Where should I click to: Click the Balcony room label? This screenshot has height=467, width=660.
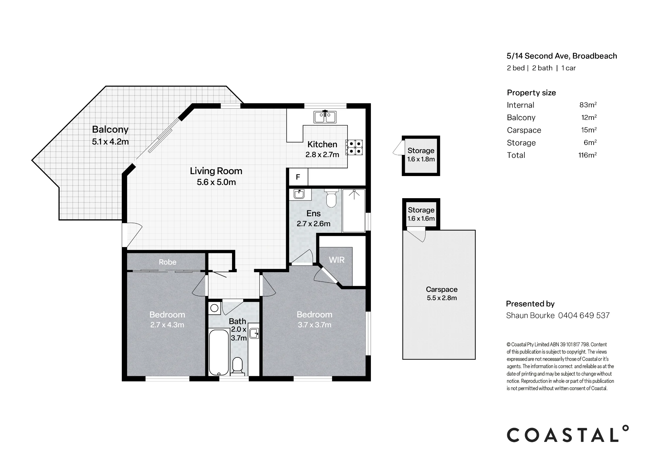(110, 129)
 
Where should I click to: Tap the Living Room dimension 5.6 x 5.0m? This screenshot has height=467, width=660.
(216, 182)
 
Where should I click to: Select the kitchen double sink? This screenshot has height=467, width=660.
(325, 117)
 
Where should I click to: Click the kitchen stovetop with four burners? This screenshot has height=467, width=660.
(354, 147)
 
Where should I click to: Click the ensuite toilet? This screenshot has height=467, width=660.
(331, 198)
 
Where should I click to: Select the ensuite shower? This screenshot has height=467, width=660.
(354, 210)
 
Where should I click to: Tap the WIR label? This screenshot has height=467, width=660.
(337, 260)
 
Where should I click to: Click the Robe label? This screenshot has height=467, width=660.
(168, 262)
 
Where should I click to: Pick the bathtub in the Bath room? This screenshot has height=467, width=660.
(219, 352)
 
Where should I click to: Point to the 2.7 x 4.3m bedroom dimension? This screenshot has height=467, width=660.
(167, 325)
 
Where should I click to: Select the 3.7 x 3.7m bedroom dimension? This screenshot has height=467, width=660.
(314, 325)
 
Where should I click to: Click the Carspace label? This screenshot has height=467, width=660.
(442, 289)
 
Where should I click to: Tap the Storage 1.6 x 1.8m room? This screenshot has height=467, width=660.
(421, 156)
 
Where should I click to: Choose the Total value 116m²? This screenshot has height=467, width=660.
(588, 155)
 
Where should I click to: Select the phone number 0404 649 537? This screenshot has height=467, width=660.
(584, 315)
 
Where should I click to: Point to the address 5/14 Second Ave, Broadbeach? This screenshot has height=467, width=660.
(562, 56)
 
